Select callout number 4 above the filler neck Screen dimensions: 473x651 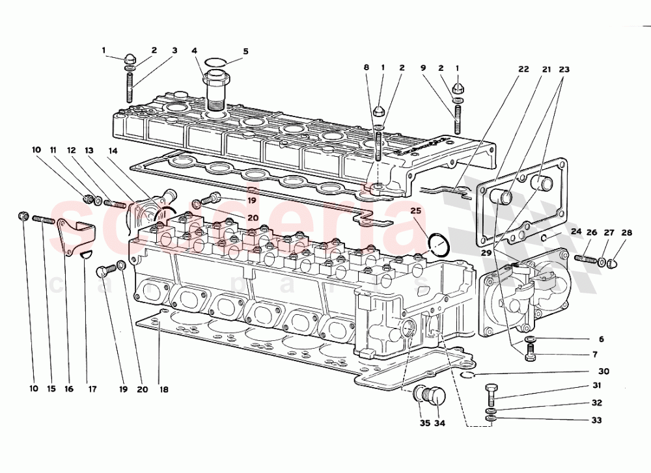(194, 51)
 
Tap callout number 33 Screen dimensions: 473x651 (596, 420)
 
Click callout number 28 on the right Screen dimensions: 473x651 (626, 232)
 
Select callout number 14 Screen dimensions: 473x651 (113, 151)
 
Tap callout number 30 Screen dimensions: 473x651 (603, 372)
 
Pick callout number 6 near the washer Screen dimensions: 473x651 (601, 340)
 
